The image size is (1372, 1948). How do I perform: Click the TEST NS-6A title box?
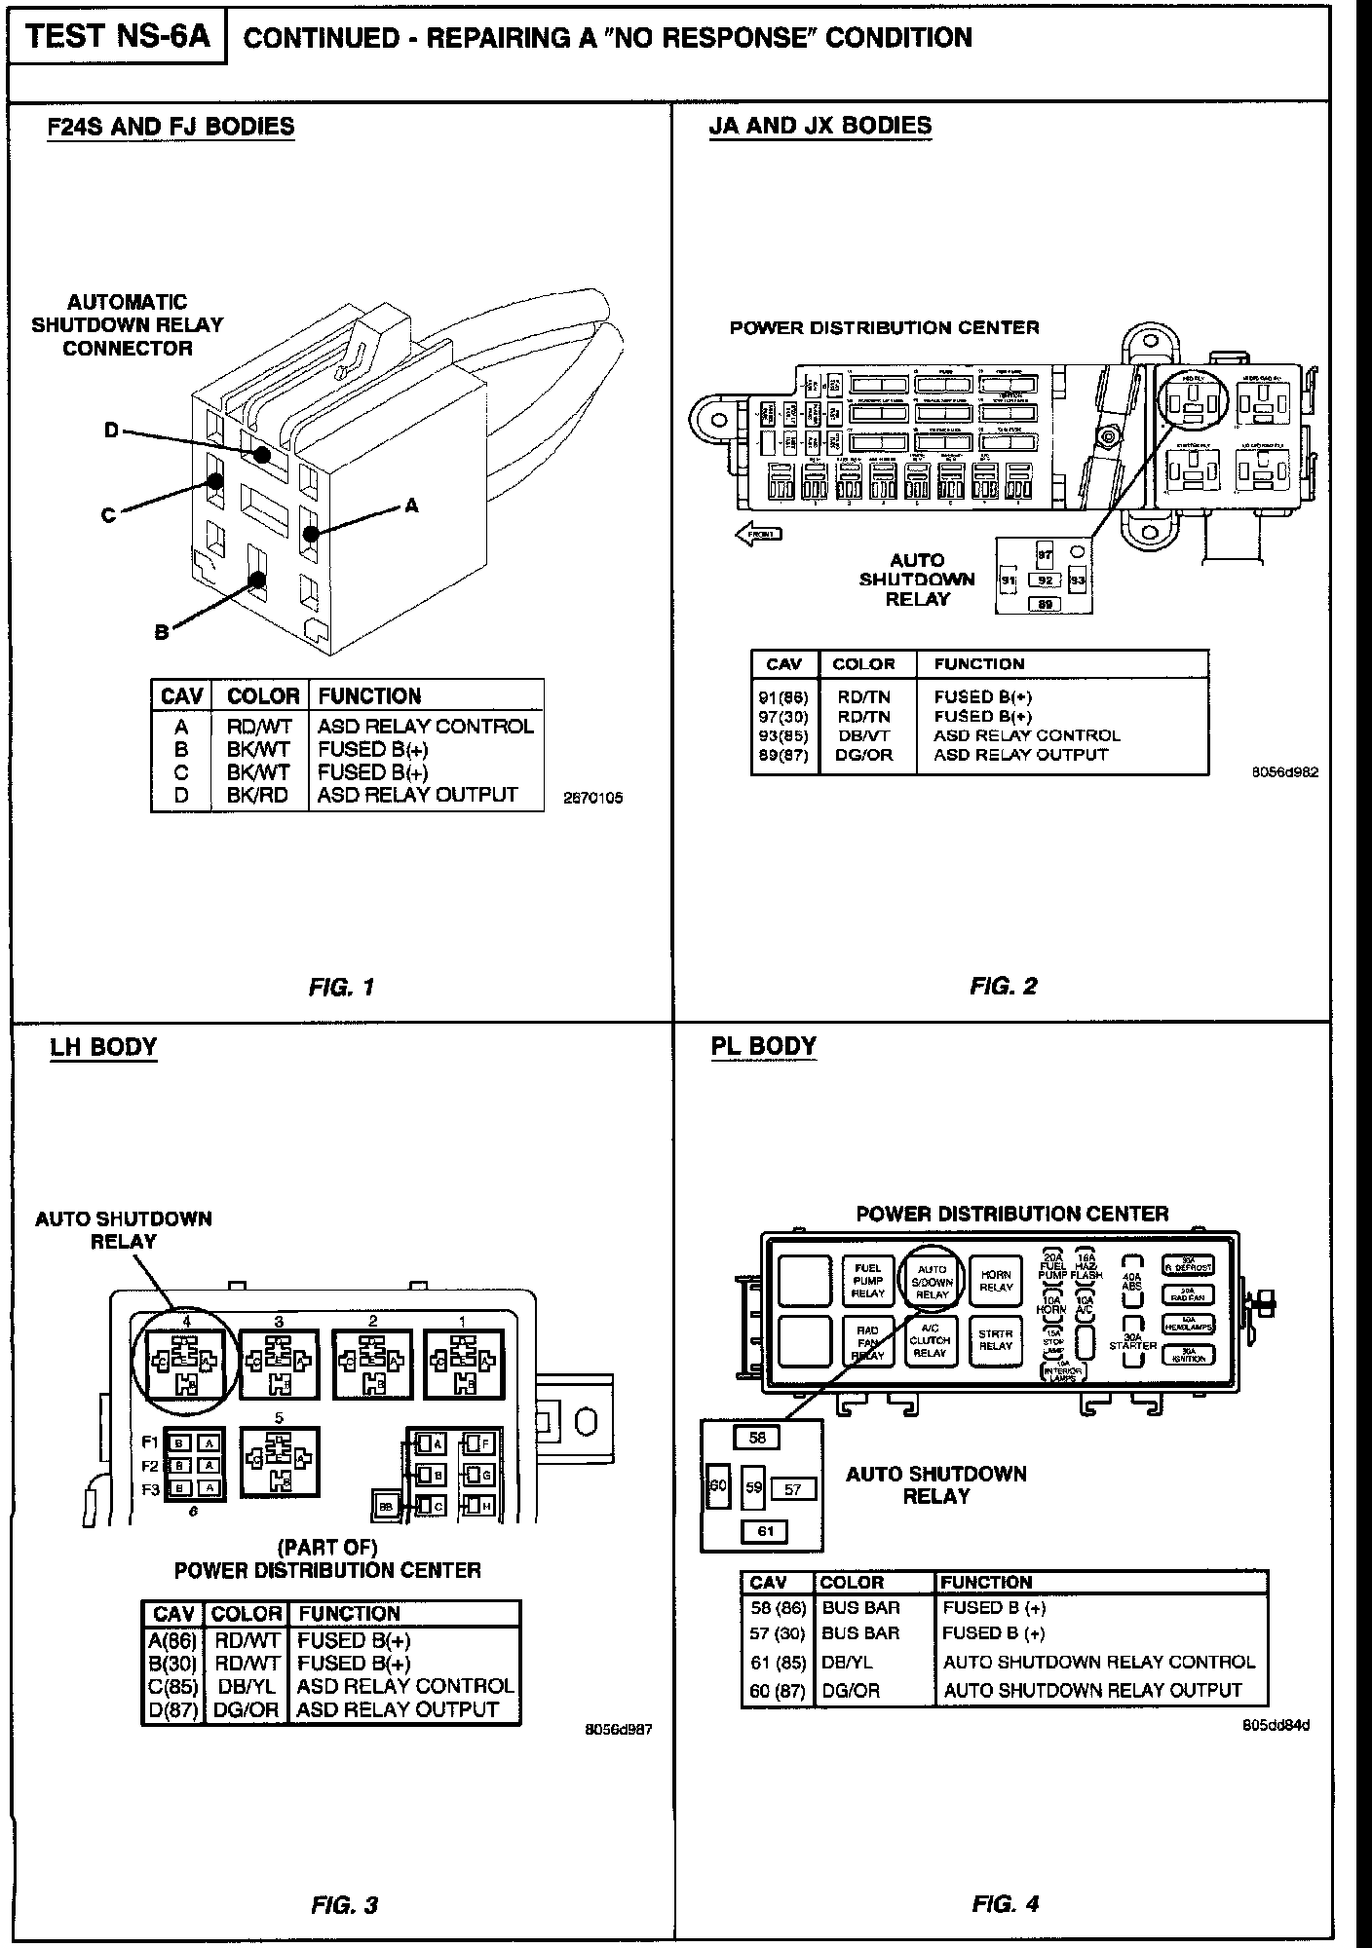click(x=117, y=37)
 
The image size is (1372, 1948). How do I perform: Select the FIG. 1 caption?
click(x=341, y=987)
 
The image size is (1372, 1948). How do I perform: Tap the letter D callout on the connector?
click(x=112, y=431)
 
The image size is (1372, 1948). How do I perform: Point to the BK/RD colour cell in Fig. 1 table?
click(x=258, y=796)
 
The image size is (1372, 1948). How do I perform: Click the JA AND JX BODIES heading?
click(x=819, y=126)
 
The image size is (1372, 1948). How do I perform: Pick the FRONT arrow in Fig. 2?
click(x=759, y=533)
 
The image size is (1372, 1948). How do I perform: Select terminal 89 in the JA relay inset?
click(x=1046, y=604)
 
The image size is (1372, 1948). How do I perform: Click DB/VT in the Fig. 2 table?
click(x=863, y=735)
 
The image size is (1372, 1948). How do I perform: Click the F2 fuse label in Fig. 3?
click(x=151, y=1466)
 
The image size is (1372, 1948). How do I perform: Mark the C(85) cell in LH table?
click(x=171, y=1685)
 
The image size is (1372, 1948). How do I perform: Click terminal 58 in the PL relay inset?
click(x=758, y=1437)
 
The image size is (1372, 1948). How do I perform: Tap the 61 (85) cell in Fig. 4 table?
click(x=777, y=1662)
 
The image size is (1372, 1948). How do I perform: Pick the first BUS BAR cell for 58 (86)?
click(x=860, y=1607)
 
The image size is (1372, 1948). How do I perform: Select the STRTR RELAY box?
click(x=996, y=1339)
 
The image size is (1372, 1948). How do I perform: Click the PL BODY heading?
click(x=763, y=1046)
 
